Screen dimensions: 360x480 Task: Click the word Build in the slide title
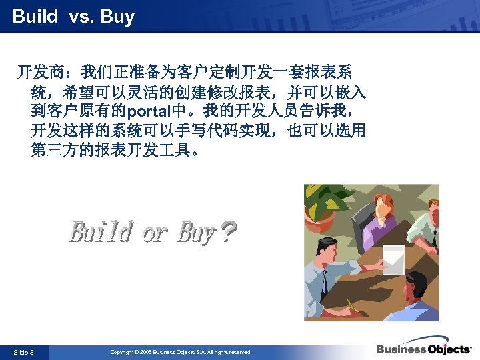pos(35,17)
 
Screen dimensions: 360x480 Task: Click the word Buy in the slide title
pos(117,17)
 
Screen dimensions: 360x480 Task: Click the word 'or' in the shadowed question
pos(155,233)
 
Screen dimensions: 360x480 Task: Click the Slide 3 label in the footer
pos(23,351)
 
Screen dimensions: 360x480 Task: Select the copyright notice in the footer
pos(181,351)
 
